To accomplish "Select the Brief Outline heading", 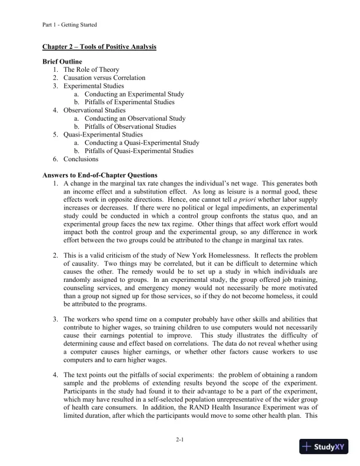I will click(62, 62).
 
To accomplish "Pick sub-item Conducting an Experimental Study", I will click(134, 94).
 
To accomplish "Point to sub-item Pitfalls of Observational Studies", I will click(130, 127).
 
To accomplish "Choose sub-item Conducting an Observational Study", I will click(135, 118).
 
